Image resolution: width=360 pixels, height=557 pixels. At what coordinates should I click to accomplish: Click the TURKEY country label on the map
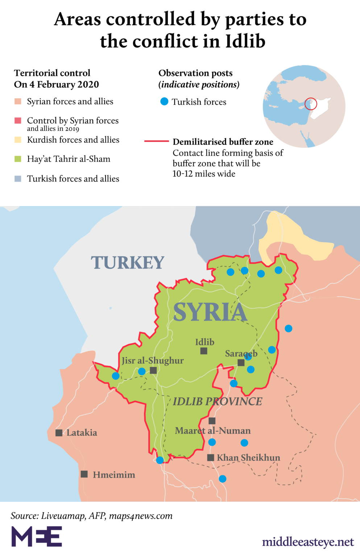tap(127, 263)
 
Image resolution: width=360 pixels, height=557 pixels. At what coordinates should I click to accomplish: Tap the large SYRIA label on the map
tap(210, 312)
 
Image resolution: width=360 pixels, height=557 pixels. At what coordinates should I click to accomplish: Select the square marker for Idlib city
tap(204, 351)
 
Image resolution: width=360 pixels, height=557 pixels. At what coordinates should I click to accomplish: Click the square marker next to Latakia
tap(59, 433)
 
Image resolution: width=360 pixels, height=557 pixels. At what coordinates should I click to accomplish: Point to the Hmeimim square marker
tap(84, 474)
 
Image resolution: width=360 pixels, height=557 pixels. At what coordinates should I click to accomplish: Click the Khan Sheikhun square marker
tap(210, 458)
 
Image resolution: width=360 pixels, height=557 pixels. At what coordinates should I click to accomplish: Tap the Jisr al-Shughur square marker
tap(153, 370)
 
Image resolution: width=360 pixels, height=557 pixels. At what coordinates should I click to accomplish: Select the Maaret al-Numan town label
tap(213, 431)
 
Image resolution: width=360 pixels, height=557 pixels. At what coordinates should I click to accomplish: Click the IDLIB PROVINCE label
tap(218, 401)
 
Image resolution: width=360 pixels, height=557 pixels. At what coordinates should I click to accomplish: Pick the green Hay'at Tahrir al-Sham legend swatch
tap(18, 159)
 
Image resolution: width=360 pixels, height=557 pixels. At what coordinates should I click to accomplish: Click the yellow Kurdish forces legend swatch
tap(18, 140)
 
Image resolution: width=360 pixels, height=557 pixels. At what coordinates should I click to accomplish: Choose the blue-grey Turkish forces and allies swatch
tap(18, 178)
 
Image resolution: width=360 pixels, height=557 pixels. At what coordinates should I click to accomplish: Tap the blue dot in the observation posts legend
tap(164, 102)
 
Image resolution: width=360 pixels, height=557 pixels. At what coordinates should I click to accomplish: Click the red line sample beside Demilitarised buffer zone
tap(157, 141)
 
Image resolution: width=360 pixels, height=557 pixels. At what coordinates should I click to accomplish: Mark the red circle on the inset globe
tap(311, 104)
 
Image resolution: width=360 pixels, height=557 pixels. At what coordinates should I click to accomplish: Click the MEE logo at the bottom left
tap(37, 536)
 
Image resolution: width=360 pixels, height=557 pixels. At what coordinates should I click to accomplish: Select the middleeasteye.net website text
tap(308, 542)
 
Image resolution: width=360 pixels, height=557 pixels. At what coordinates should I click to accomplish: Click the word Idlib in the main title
tap(245, 41)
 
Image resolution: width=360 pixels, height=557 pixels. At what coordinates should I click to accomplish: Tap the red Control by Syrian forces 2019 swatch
tap(18, 121)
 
